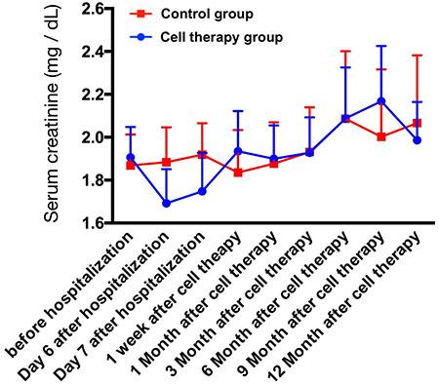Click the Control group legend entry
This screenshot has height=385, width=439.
coord(191,14)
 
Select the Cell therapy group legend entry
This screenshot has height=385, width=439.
coord(206,37)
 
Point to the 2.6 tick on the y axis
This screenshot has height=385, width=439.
coord(95,8)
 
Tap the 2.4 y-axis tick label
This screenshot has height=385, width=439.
coord(95,52)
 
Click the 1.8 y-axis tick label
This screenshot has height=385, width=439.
coord(95,179)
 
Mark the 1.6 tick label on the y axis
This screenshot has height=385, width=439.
coord(95,223)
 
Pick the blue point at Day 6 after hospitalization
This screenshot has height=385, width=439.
coord(166,204)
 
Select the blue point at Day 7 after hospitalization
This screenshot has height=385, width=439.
coord(202,191)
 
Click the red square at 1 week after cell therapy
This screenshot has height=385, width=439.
coord(238,173)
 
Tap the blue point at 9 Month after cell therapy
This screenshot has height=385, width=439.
coord(381,101)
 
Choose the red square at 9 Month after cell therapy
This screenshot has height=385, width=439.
coord(381,136)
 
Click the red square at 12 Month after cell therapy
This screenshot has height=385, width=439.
coord(418,123)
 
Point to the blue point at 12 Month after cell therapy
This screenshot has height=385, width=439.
coord(418,140)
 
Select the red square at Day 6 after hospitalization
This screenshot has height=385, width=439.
coord(166,162)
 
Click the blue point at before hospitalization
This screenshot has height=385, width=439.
coord(131,157)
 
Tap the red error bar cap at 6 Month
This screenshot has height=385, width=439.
coord(345,51)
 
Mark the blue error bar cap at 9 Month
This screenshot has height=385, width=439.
coord(381,46)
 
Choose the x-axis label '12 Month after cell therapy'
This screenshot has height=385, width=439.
coord(343,306)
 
